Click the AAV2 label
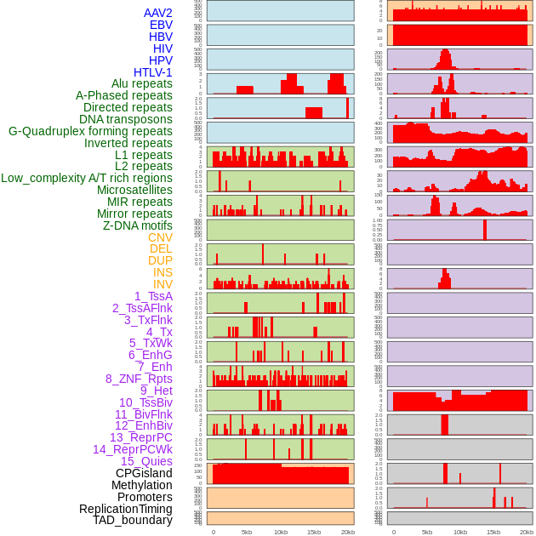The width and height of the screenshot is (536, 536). coord(157,14)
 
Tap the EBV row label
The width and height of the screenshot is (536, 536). coord(161,26)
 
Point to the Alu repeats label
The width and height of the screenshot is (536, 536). coord(141,84)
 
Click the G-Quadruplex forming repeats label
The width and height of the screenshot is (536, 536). coord(90,131)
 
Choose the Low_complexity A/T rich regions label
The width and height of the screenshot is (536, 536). coord(87,178)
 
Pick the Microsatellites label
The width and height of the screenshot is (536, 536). coord(134,190)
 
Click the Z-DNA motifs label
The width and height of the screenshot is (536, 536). coord(137,225)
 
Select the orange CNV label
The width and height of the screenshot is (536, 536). coord(160,237)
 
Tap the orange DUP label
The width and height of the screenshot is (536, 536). coord(160,260)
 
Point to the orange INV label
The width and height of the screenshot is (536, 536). coord(163,284)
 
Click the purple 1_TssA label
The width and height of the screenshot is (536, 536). coord(153,296)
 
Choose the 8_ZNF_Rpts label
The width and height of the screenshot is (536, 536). coord(139,379)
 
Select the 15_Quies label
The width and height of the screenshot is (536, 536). coord(145,461)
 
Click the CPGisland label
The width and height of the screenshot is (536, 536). coord(144,473)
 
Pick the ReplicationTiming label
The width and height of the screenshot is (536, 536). coord(125,509)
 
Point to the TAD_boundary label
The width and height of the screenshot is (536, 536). coord(132,520)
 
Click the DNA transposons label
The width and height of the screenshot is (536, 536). coord(125,119)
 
